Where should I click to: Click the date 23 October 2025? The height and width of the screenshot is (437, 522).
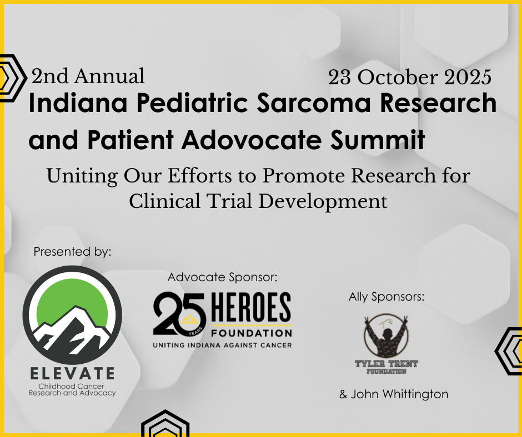(x=409, y=78)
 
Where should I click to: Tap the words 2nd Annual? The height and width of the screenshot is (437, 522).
(x=88, y=76)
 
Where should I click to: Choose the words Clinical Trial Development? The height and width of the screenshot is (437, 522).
(x=258, y=201)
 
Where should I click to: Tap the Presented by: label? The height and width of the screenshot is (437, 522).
(x=73, y=252)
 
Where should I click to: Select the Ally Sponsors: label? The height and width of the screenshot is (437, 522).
(x=387, y=297)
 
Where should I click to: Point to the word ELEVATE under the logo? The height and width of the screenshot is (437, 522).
(x=73, y=373)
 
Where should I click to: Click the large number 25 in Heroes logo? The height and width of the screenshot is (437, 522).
(x=179, y=314)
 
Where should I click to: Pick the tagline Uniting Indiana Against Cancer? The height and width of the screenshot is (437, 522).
(x=222, y=345)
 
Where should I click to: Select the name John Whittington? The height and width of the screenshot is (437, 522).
(x=394, y=394)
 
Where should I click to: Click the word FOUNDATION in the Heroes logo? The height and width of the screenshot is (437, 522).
(x=250, y=333)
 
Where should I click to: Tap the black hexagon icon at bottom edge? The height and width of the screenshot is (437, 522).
(x=166, y=425)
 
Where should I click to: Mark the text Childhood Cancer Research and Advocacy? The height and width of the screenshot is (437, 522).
(x=73, y=389)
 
